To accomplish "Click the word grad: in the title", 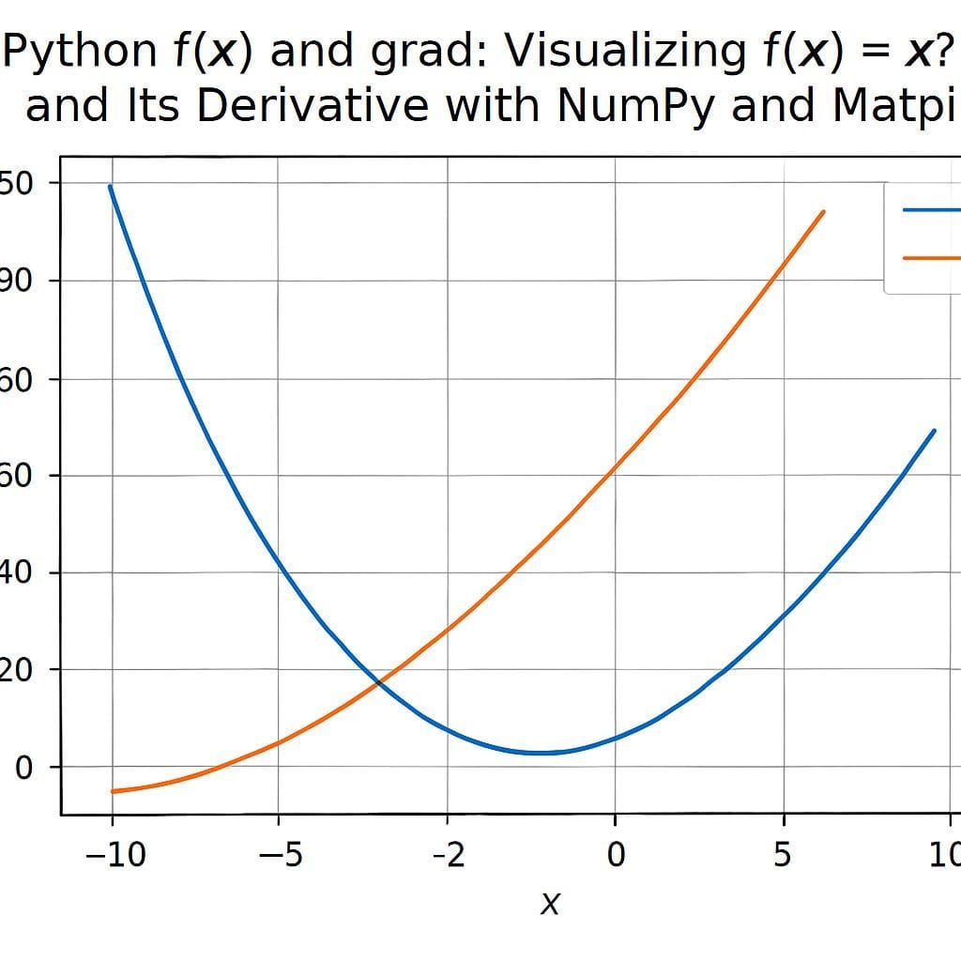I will click(431, 52).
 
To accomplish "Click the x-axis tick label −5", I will click(279, 856).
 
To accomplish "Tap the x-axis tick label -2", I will click(448, 856).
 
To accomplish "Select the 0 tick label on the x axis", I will click(615, 856).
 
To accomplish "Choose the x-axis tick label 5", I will click(783, 856).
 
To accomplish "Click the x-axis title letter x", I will click(550, 904).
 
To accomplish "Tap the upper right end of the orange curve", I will click(823, 212).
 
